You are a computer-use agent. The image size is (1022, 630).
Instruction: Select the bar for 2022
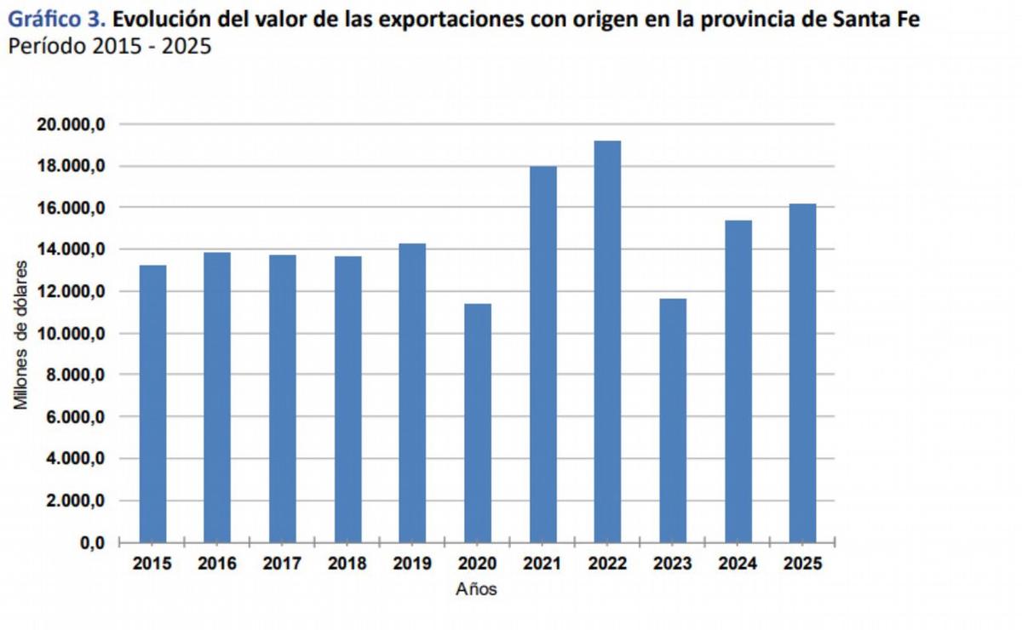pyautogui.click(x=607, y=341)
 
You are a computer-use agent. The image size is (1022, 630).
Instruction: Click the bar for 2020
pyautogui.click(x=477, y=423)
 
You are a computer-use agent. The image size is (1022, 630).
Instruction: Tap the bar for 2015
pyautogui.click(x=152, y=404)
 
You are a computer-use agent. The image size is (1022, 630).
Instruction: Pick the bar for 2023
pyautogui.click(x=672, y=421)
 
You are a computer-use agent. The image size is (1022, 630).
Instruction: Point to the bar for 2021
pyautogui.click(x=543, y=354)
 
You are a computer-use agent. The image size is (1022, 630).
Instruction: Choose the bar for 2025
pyautogui.click(x=802, y=373)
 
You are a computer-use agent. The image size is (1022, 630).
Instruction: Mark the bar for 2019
pyautogui.click(x=412, y=392)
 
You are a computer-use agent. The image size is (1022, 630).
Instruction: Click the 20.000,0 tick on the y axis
pyautogui.click(x=70, y=124)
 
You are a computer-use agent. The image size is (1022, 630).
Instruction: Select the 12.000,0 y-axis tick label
pyautogui.click(x=70, y=291)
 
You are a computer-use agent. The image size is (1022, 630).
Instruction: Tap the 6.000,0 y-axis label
pyautogui.click(x=74, y=417)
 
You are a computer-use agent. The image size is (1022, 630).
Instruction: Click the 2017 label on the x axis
pyautogui.click(x=282, y=564)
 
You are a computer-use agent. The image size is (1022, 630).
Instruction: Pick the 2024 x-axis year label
pyautogui.click(x=738, y=564)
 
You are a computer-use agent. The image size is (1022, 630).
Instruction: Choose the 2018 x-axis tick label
pyautogui.click(x=347, y=564)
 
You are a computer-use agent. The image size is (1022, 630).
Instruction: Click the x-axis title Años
pyautogui.click(x=476, y=589)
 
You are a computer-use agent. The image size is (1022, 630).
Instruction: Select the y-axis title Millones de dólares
pyautogui.click(x=22, y=334)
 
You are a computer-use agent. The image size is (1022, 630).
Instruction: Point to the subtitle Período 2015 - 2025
pyautogui.click(x=109, y=46)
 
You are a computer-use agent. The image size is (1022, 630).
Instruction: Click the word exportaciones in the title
pyautogui.click(x=441, y=19)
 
